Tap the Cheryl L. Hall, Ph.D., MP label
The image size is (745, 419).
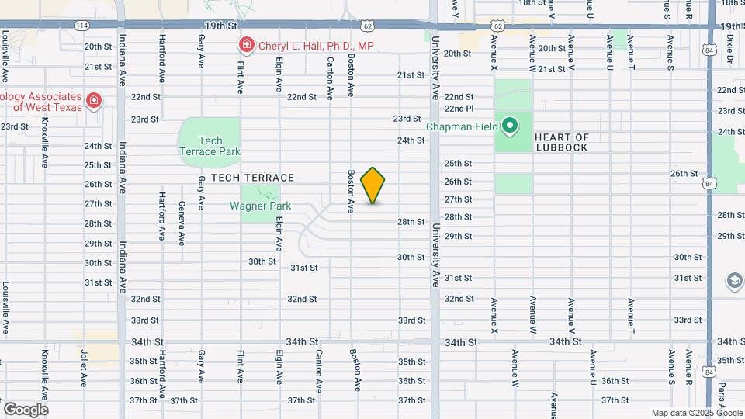[316, 46]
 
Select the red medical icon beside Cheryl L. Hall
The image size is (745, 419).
[247, 46]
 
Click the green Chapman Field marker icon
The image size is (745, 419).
[510, 125]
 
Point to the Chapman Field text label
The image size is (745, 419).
[461, 126]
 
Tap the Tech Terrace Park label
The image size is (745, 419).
[210, 146]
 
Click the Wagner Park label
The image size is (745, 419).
[260, 206]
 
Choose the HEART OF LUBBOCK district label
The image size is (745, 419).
[562, 143]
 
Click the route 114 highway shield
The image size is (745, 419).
[81, 26]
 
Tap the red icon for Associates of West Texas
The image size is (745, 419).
[93, 101]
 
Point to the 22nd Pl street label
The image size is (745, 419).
[459, 109]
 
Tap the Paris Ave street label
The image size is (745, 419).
[722, 398]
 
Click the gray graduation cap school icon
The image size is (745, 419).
[733, 280]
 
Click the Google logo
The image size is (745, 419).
[25, 409]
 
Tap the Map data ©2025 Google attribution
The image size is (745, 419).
[695, 413]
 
